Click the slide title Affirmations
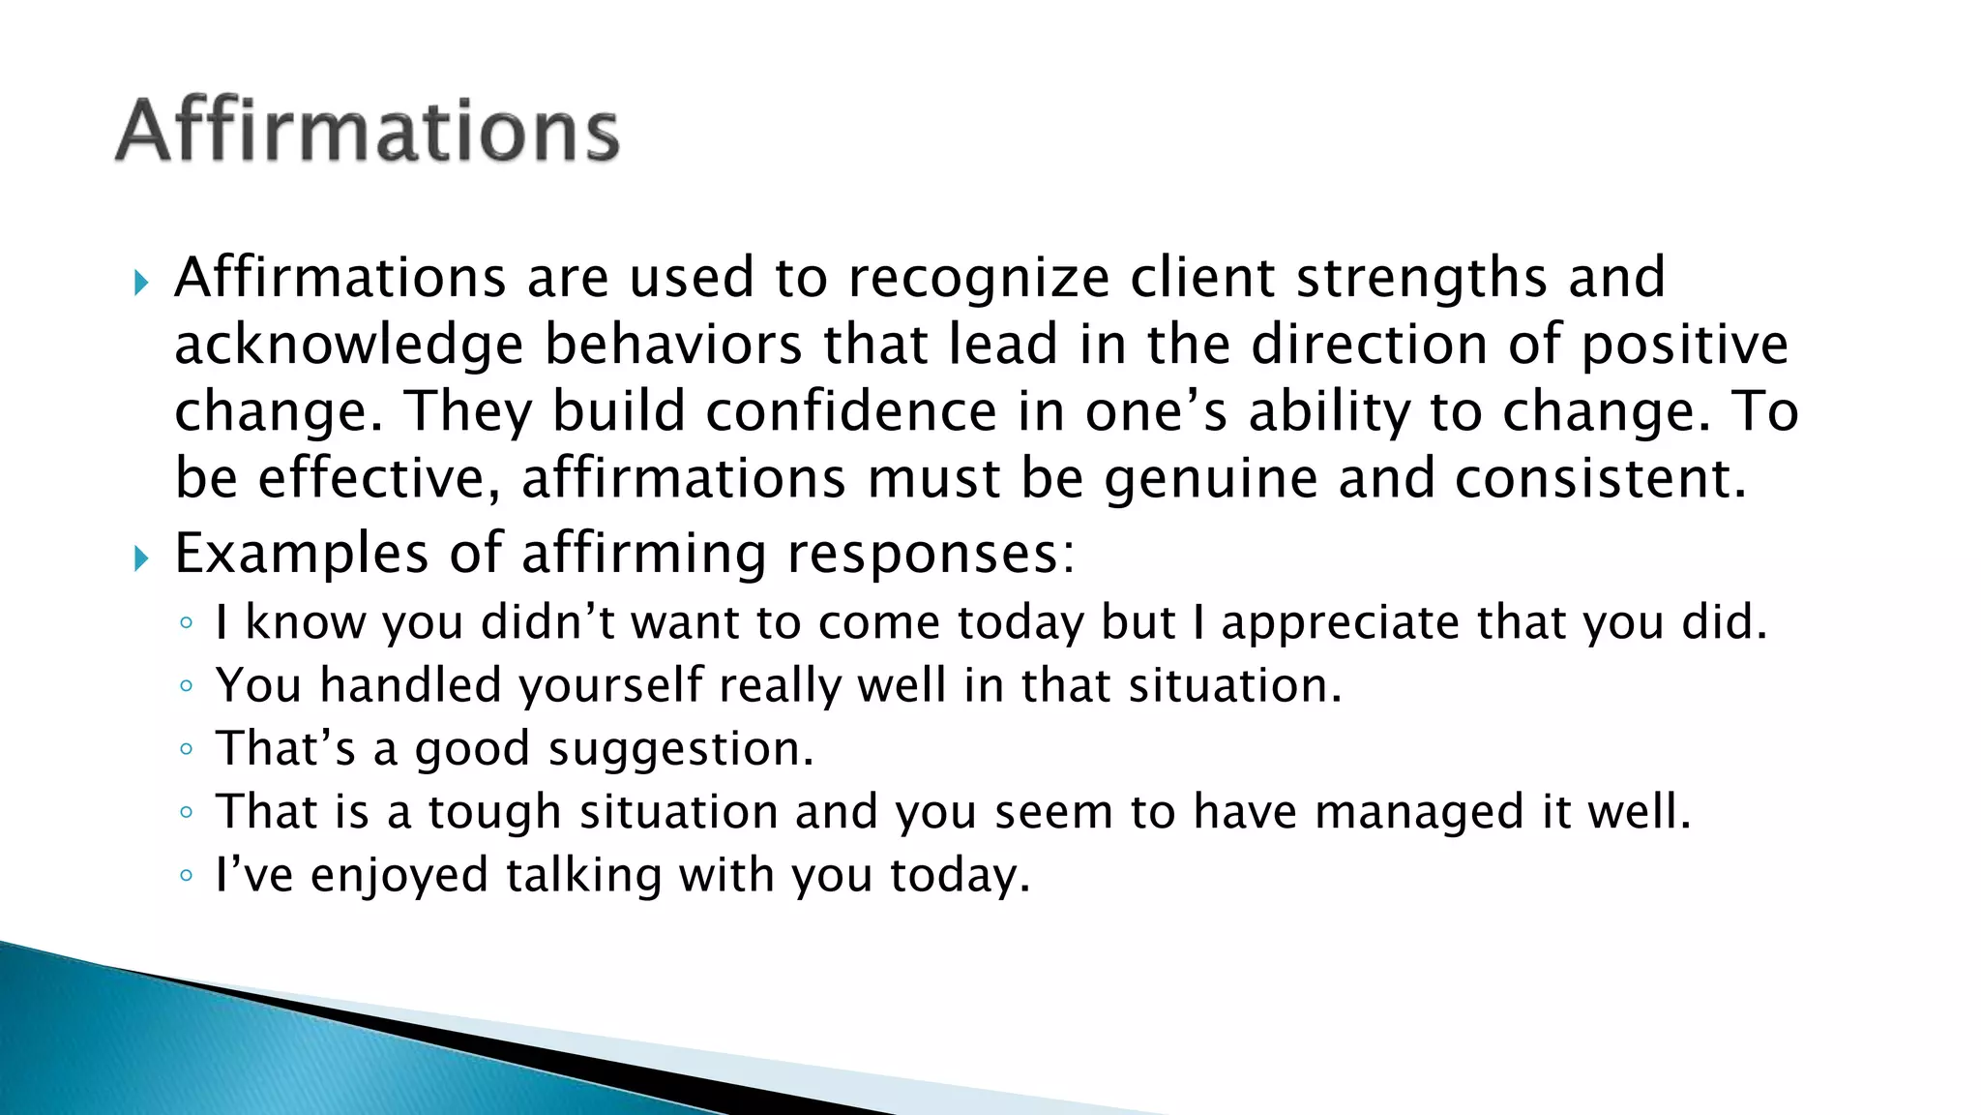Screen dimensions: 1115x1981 coord(368,131)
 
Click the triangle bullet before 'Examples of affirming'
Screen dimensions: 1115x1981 coord(141,558)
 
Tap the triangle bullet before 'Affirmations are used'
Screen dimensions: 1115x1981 coord(141,284)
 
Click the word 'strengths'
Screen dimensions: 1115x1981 coord(1422,279)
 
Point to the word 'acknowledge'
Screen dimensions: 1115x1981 coord(349,346)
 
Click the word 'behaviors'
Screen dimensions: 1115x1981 coord(673,346)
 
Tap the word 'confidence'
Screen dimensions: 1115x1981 coord(850,412)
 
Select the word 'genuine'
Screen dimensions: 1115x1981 coord(1210,479)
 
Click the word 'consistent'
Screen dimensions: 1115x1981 coord(1601,479)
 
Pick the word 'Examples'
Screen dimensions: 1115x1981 coord(301,555)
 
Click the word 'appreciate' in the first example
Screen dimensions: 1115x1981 coord(1341,623)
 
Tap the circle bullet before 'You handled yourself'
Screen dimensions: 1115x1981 coord(187,686)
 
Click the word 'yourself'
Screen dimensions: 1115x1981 coord(610,686)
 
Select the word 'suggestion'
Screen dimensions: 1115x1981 coord(681,749)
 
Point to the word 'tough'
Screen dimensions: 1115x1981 coord(494,812)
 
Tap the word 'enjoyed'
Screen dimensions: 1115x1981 coord(399,876)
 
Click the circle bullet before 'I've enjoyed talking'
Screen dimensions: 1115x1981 coord(187,876)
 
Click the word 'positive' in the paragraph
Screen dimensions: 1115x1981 coord(1684,346)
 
